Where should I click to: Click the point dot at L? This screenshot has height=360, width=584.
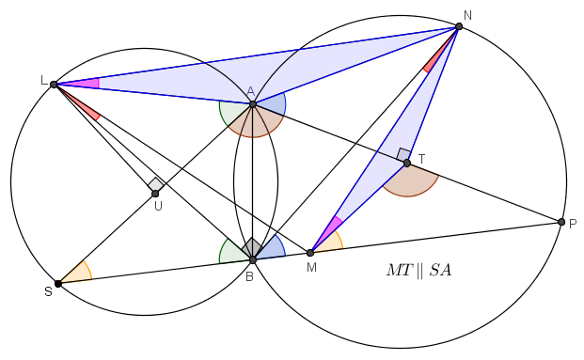pos(54,85)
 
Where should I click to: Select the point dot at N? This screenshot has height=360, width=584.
pos(459,26)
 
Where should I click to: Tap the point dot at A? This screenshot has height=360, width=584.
pos(253,104)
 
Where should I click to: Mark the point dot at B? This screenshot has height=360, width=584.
pos(253,259)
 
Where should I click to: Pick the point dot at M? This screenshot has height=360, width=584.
pos(310,253)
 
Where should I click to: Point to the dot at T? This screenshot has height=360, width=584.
pos(407,163)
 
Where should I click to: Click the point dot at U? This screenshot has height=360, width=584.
pos(155,194)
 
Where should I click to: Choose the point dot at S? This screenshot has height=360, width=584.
pos(58,284)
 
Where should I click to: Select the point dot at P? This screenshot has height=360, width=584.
pos(561,222)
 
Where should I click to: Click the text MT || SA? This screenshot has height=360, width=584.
pos(419,271)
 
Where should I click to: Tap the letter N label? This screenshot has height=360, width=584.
pos(467,16)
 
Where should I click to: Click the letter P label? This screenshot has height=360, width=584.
pos(573,224)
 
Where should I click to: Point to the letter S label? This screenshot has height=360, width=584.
pos(48,292)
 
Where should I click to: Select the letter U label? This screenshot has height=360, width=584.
pos(158,206)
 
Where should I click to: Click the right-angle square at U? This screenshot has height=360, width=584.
pos(156,184)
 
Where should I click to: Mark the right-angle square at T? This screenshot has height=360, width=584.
pos(404,154)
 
